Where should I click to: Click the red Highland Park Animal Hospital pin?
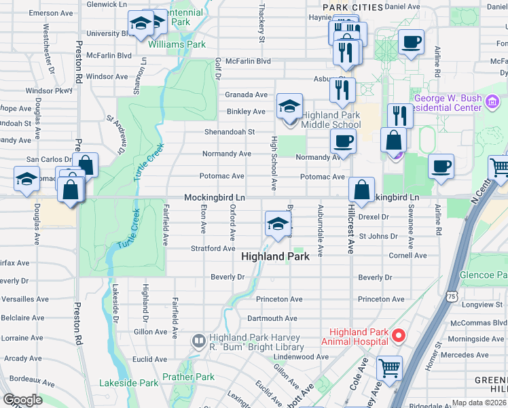click(x=399, y=335)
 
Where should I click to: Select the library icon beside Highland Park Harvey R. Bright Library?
click(x=199, y=340)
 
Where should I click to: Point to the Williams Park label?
click(x=177, y=45)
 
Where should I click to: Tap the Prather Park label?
click(x=188, y=377)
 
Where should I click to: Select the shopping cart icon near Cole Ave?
click(x=390, y=368)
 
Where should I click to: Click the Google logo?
click(x=22, y=400)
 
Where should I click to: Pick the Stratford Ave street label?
click(x=213, y=249)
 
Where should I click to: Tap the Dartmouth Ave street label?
click(x=272, y=318)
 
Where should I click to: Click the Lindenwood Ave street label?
click(x=302, y=356)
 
